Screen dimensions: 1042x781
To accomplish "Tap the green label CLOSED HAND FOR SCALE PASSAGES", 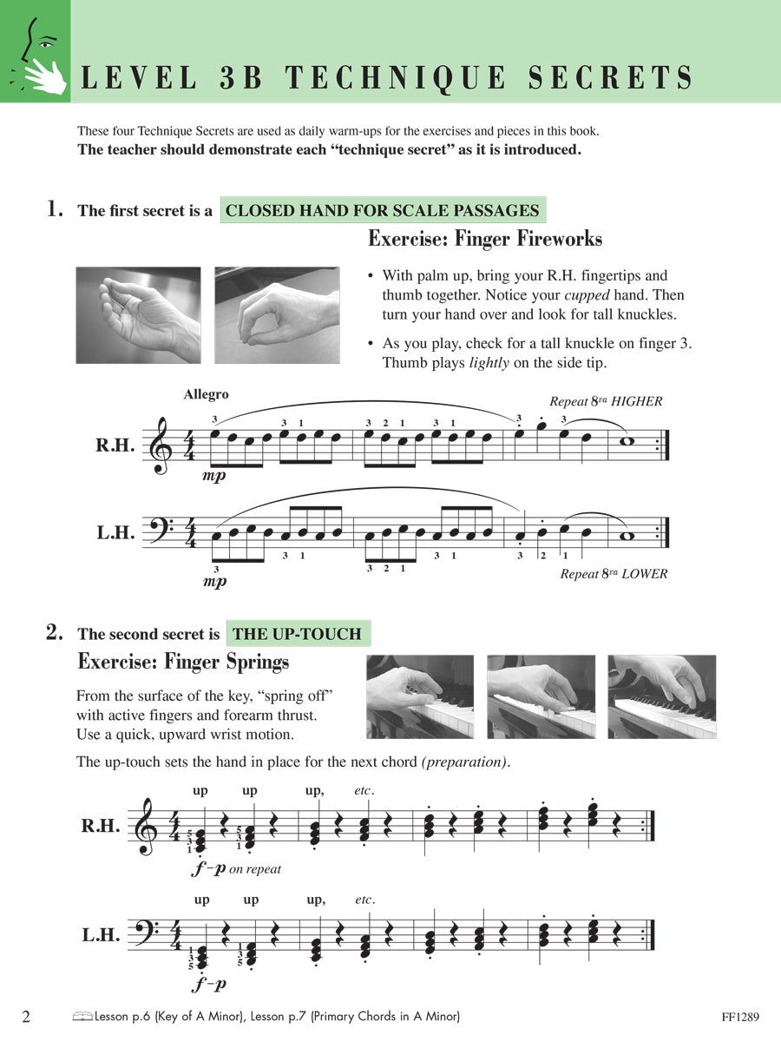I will tap(383, 210).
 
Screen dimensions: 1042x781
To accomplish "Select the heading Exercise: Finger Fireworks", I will tap(484, 239).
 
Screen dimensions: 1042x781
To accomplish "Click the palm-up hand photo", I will tap(138, 314).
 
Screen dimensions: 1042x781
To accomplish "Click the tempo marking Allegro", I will tap(207, 394).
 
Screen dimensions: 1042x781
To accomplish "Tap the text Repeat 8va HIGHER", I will tap(606, 401).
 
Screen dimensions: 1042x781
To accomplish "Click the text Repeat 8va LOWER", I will tap(614, 574).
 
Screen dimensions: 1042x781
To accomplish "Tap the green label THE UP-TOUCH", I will tap(297, 634).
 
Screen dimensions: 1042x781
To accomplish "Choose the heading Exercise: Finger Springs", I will tap(183, 663).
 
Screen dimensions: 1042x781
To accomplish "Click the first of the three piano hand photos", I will tap(420, 696).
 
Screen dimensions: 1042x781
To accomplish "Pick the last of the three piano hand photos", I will tap(661, 696).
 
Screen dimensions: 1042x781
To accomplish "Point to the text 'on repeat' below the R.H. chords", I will tap(255, 868).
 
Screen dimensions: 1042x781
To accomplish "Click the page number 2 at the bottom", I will tap(26, 1016).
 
